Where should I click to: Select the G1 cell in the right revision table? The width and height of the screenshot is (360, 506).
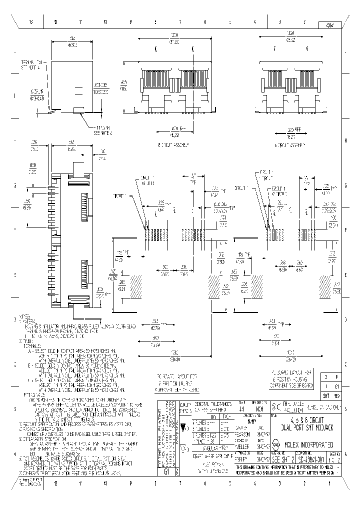(x=337, y=386)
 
